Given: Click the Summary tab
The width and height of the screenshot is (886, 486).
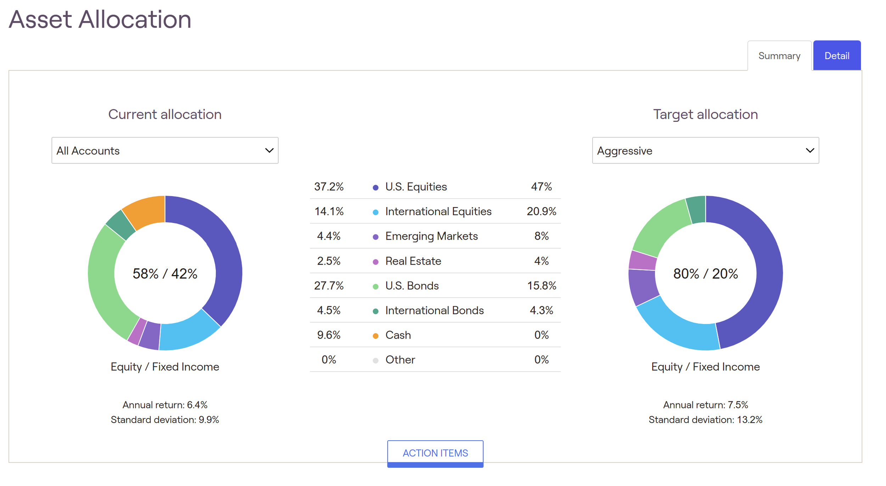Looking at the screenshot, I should pos(779,56).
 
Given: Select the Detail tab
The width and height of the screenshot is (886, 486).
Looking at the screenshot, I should pos(836,56).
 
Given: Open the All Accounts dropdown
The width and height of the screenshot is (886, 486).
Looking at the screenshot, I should pos(165,150).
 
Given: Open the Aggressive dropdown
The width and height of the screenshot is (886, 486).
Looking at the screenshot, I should pos(705,150).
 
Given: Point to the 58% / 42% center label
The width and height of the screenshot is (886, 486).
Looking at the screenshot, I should pos(165,274).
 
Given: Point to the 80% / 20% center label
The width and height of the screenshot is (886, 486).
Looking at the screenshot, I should pos(705,274).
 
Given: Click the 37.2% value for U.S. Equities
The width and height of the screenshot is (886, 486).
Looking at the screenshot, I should pos(329,187).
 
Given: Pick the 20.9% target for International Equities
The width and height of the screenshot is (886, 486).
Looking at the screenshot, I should pos(541,211).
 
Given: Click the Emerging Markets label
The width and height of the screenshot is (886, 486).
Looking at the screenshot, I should pos(431,236).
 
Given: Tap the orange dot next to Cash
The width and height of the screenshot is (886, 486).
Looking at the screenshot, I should pos(375,336).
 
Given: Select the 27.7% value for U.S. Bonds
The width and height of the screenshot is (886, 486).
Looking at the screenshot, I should pos(329,286).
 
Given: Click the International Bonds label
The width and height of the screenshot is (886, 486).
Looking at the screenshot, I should pos(434,310).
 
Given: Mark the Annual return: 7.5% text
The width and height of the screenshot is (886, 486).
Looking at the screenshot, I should pos(705,405).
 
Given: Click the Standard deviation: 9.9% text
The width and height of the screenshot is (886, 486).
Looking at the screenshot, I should pos(165,419).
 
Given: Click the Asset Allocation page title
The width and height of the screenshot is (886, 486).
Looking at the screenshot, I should pos(100,19).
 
